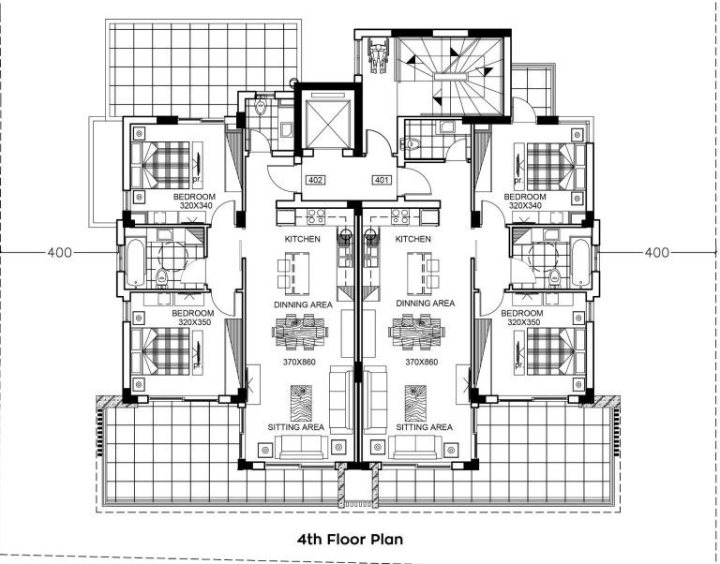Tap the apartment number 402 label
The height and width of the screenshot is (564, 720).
click(315, 180)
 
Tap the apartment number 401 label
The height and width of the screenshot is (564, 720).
click(382, 180)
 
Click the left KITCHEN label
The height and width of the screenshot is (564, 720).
click(303, 240)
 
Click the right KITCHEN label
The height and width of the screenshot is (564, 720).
click(413, 240)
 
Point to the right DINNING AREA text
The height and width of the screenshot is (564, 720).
click(425, 304)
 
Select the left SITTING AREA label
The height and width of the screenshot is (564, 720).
click(297, 427)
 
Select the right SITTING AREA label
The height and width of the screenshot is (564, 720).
click(424, 427)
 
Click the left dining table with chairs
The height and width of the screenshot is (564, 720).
click(300, 331)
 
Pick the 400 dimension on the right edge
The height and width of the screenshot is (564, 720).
click(657, 253)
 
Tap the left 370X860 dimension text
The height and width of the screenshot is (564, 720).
click(300, 362)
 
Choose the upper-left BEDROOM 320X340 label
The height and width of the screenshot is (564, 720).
click(194, 201)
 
